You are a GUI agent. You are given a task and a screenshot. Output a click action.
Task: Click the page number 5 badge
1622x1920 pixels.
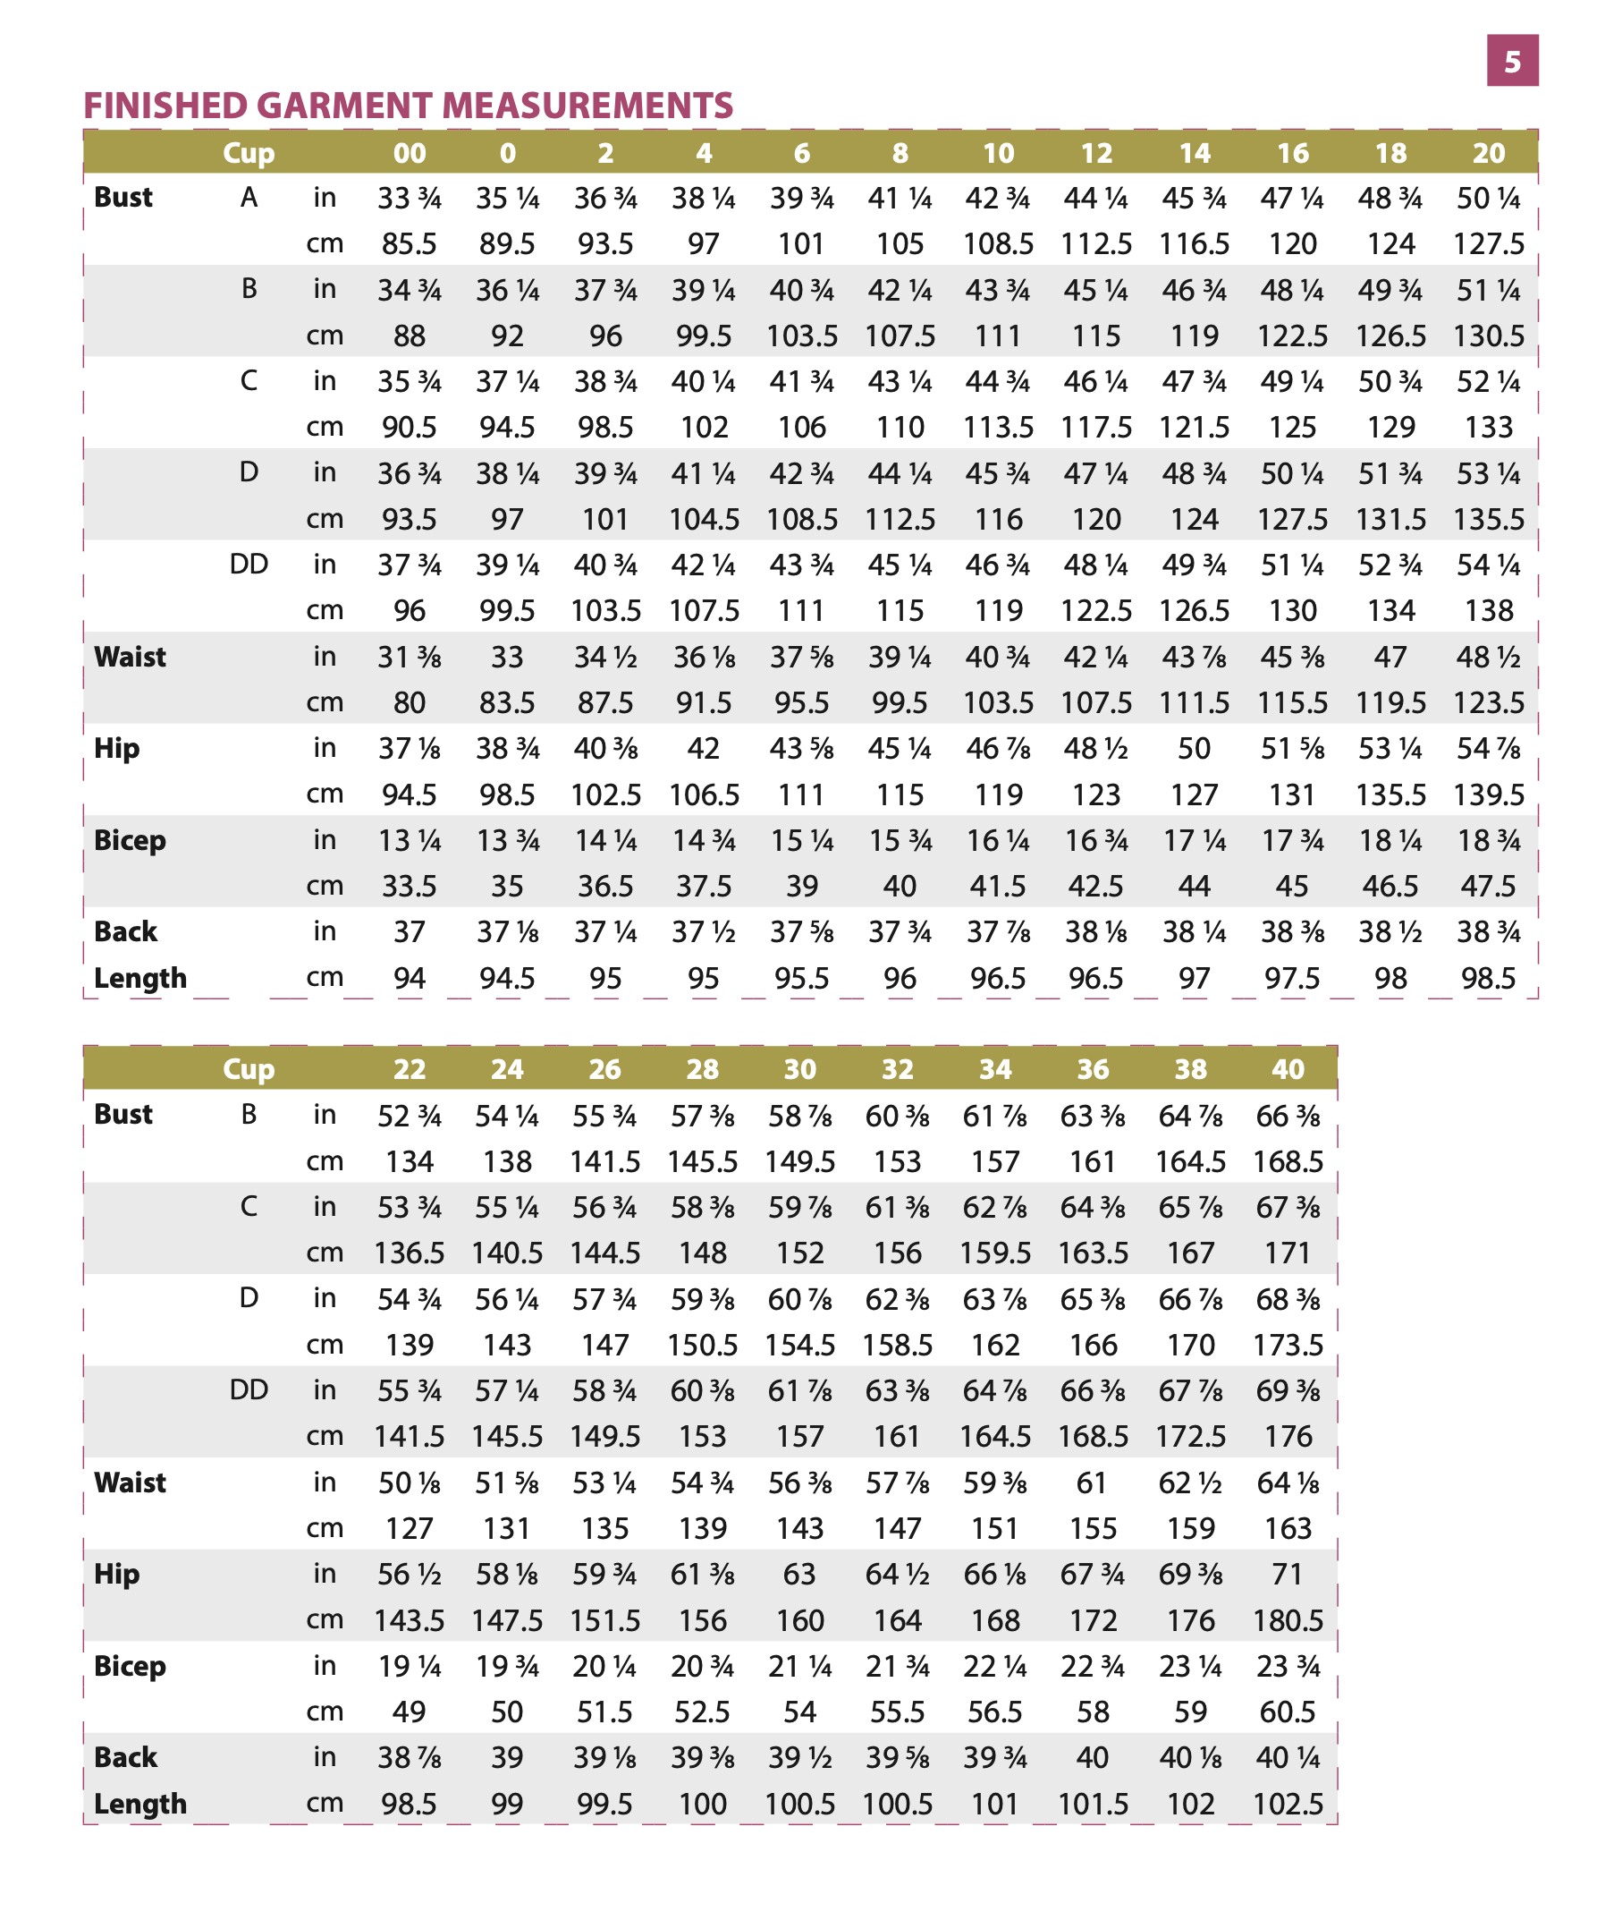1512,61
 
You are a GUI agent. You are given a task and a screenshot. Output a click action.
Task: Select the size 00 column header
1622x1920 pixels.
410,153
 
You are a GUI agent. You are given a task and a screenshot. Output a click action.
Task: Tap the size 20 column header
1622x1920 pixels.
1489,153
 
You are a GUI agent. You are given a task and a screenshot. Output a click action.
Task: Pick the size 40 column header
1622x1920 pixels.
1288,1069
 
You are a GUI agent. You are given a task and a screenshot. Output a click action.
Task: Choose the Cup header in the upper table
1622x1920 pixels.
249,153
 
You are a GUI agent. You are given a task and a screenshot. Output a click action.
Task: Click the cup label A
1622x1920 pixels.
249,198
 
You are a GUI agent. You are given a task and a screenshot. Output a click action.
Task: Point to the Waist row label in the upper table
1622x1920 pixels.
130,657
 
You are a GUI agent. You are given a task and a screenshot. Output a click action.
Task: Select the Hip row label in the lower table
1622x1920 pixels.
117,1574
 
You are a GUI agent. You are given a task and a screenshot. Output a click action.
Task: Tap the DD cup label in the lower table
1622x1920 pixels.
249,1390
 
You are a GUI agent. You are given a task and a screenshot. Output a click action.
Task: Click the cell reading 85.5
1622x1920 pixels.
410,243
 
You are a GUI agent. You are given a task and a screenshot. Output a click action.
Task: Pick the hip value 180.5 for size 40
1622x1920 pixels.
1288,1620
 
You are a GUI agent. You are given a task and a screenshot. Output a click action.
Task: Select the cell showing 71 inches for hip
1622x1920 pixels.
1288,1574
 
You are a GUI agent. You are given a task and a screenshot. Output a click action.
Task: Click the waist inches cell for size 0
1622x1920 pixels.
507,657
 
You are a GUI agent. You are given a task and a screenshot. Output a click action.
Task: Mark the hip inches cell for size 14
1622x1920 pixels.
1195,749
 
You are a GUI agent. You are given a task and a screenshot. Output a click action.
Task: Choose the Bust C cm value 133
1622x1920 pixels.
1489,427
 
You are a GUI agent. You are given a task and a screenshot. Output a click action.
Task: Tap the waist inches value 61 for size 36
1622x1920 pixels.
1092,1483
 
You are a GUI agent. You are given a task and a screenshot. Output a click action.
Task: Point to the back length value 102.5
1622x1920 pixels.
1288,1804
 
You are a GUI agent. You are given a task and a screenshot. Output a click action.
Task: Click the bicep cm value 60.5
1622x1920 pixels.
1288,1712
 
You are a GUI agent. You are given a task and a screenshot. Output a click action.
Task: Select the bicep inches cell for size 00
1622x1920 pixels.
410,841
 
